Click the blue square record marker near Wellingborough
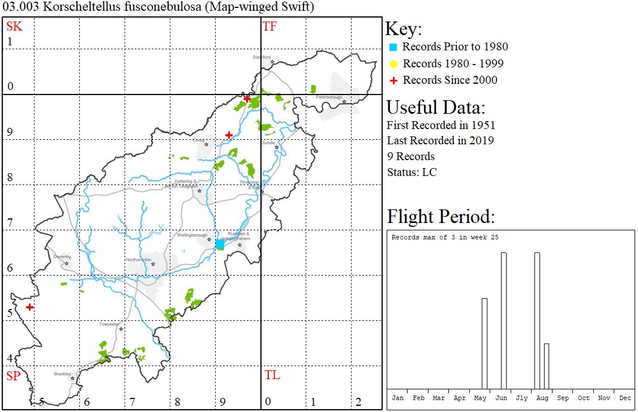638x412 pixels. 220,244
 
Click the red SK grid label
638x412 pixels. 14,26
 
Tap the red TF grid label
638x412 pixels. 269,26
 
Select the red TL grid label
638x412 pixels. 272,375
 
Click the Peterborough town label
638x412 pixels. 329,97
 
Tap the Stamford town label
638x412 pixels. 262,57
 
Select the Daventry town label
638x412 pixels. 62,256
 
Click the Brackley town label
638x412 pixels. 62,374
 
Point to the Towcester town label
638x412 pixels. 109,324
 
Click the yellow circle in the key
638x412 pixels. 394,64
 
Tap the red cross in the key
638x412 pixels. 394,80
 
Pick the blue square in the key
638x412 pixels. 394,47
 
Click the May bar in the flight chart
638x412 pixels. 485,343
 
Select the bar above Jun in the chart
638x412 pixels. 503,320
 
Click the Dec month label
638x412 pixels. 625,398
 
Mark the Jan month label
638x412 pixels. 398,398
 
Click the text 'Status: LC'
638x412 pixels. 412,172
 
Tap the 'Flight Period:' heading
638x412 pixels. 441,217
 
